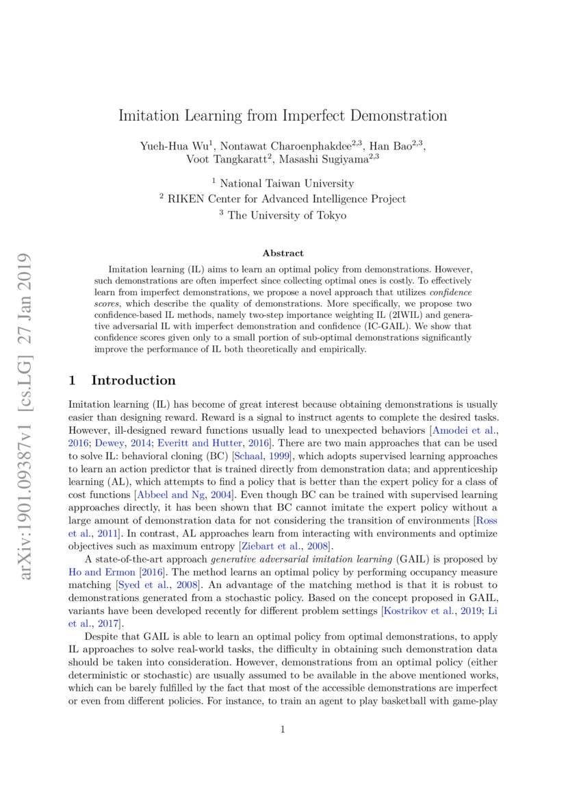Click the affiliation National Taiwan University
(287, 183)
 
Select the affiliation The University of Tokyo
(287, 214)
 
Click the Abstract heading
(283, 254)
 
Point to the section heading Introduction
(133, 380)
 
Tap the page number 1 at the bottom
(283, 730)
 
